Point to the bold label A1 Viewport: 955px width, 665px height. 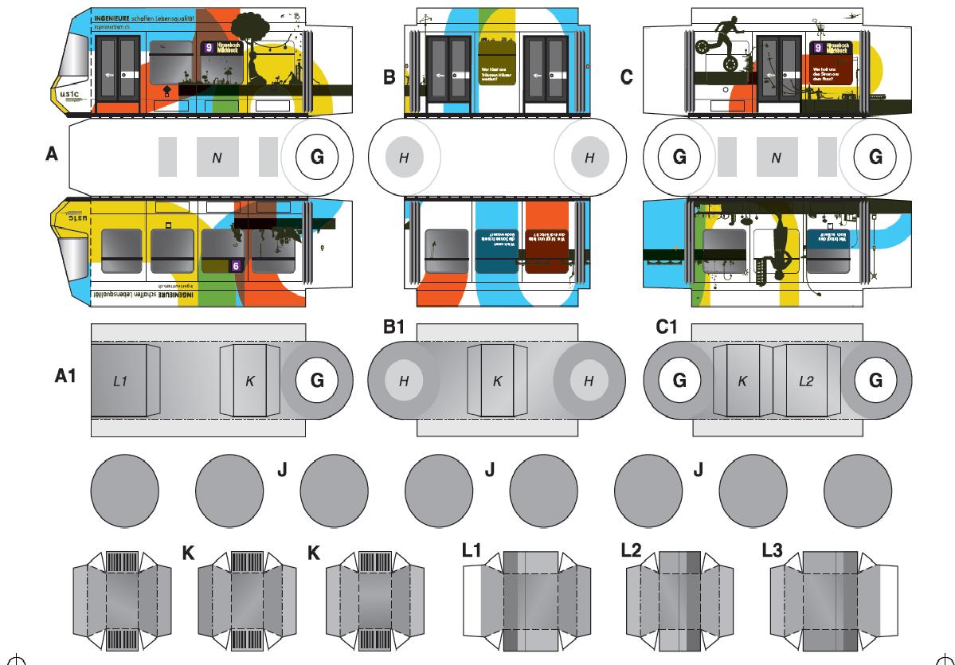(x=65, y=376)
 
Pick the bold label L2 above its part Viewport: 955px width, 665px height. (x=632, y=550)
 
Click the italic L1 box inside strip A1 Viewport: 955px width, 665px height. (x=119, y=381)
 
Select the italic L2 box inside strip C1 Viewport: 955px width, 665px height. (x=805, y=381)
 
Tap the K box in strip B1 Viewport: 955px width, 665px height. (x=497, y=381)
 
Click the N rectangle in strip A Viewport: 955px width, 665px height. (x=217, y=158)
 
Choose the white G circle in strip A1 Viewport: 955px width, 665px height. (x=316, y=381)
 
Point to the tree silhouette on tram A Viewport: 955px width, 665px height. (x=257, y=32)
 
